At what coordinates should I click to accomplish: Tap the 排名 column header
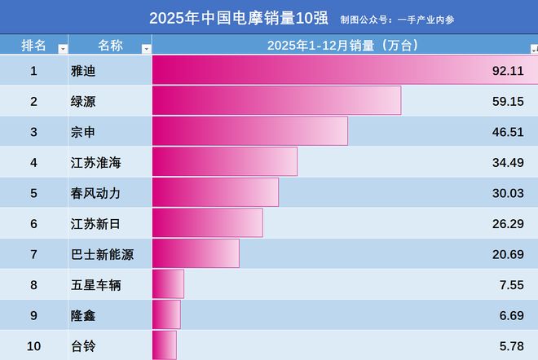(33, 46)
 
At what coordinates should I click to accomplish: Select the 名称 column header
(109, 46)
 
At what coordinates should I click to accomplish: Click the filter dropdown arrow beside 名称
(146, 49)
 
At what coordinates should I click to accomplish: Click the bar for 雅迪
(342, 70)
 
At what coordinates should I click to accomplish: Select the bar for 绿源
(276, 101)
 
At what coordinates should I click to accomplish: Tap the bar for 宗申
(250, 131)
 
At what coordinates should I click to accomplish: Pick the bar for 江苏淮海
(224, 162)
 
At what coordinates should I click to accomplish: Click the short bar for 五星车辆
(169, 284)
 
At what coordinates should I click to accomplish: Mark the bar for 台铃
(165, 345)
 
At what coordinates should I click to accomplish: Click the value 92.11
(506, 71)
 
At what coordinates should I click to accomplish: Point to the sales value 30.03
(506, 193)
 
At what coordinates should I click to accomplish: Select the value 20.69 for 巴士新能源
(506, 254)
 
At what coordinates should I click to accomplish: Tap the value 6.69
(509, 315)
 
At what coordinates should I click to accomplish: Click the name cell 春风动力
(96, 193)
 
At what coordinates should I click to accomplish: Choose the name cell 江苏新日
(96, 223)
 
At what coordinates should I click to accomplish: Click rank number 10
(33, 346)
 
